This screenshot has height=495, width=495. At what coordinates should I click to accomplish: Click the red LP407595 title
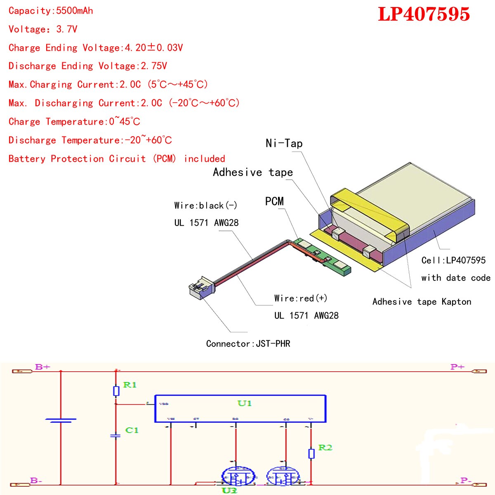pyautogui.click(x=424, y=14)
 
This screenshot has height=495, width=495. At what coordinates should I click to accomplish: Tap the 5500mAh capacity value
pyautogui.click(x=74, y=11)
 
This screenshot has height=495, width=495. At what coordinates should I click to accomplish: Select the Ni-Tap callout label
pyautogui.click(x=284, y=143)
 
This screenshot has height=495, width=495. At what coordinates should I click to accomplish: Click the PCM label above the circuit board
pyautogui.click(x=274, y=201)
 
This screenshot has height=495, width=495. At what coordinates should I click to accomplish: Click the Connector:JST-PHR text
pyautogui.click(x=248, y=344)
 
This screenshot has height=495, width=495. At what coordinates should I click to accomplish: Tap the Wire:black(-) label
pyautogui.click(x=205, y=205)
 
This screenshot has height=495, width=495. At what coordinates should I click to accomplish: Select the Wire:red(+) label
pyautogui.click(x=300, y=298)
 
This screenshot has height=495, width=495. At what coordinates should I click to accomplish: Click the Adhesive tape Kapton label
pyautogui.click(x=421, y=302)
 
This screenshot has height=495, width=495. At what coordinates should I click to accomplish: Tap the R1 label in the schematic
pyautogui.click(x=130, y=385)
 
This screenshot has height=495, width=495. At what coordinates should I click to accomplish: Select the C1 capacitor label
pyautogui.click(x=132, y=430)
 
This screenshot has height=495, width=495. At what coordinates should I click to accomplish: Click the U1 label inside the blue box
pyautogui.click(x=244, y=403)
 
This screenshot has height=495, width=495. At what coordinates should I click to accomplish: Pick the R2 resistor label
pyautogui.click(x=325, y=448)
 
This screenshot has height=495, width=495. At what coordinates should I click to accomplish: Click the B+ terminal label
pyautogui.click(x=42, y=367)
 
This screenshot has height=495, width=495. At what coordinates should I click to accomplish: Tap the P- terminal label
pyautogui.click(x=466, y=481)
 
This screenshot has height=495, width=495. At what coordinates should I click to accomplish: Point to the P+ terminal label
pyautogui.click(x=457, y=367)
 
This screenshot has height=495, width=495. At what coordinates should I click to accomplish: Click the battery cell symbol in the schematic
pyautogui.click(x=61, y=420)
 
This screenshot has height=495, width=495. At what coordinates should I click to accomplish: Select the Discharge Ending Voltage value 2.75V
pyautogui.click(x=154, y=66)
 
